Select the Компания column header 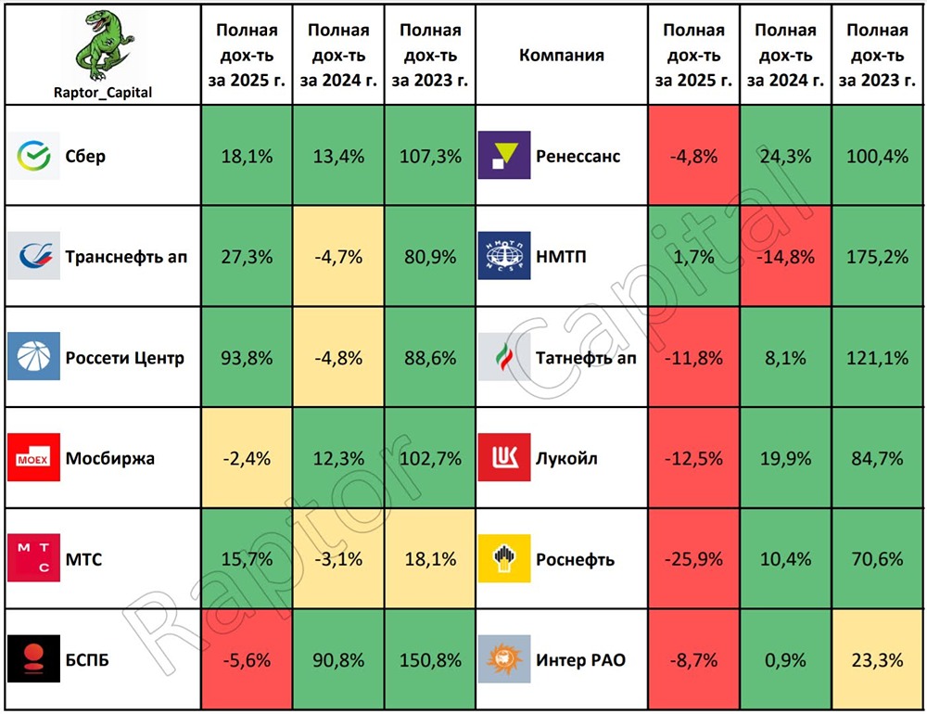tap(561, 55)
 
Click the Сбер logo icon tap(34, 156)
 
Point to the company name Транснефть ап tap(126, 257)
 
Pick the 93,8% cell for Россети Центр tap(247, 358)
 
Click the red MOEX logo tap(34, 458)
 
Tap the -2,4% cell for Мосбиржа tap(247, 458)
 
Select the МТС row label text tap(83, 559)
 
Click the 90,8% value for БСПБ tap(337, 660)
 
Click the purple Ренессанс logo tap(504, 156)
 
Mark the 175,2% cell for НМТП tap(877, 257)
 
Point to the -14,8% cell tap(785, 257)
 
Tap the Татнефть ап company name tap(586, 358)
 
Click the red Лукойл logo tap(504, 458)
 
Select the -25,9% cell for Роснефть tap(694, 559)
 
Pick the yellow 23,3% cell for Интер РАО tap(877, 660)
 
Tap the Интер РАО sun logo tap(504, 660)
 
